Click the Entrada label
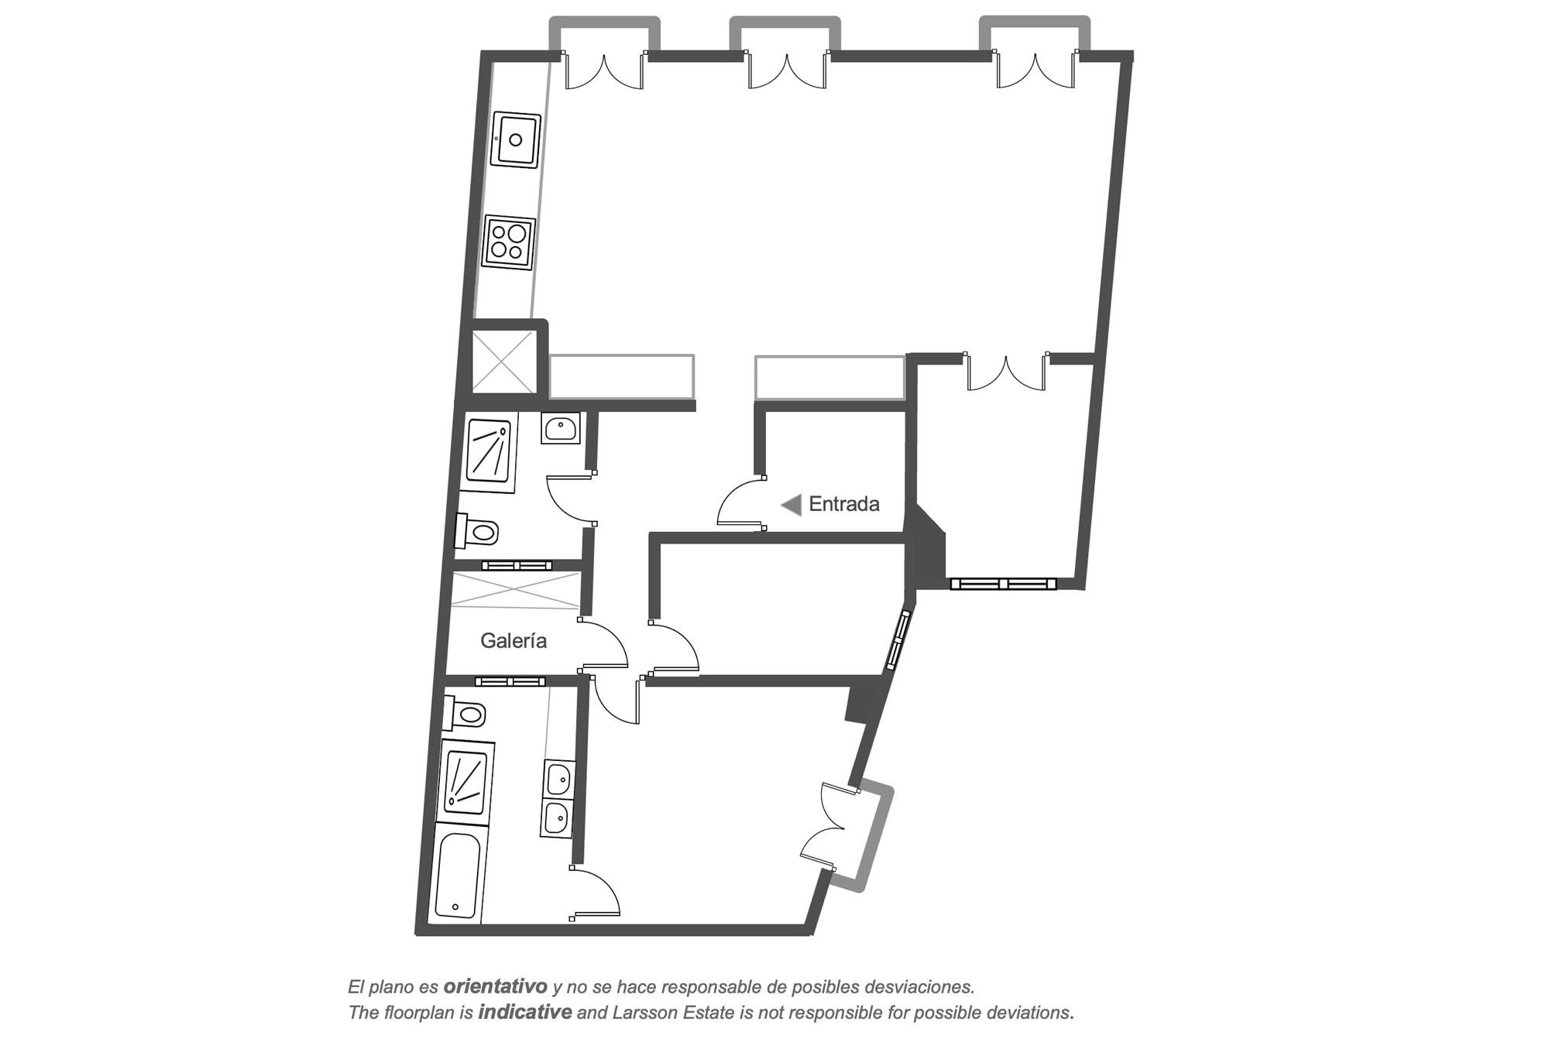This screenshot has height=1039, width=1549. (x=843, y=504)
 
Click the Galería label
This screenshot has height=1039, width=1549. (x=513, y=641)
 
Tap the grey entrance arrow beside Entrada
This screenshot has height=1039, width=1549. (x=791, y=506)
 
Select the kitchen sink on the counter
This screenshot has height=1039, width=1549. (x=516, y=139)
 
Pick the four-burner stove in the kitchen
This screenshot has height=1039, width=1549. (x=509, y=242)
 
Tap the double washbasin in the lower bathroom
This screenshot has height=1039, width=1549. (x=558, y=798)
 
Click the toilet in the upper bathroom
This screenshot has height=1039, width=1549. (x=477, y=531)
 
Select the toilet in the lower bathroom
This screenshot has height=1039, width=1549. (x=464, y=714)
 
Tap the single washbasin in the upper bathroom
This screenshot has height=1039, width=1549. (x=561, y=427)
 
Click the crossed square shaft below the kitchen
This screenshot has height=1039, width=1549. (x=503, y=362)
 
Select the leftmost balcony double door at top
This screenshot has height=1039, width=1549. (x=604, y=70)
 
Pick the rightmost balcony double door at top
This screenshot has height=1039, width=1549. (x=1036, y=70)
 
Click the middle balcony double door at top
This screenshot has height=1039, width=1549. (x=787, y=70)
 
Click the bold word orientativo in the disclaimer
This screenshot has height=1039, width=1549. (x=496, y=987)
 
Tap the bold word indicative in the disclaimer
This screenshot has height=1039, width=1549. (x=525, y=1012)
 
